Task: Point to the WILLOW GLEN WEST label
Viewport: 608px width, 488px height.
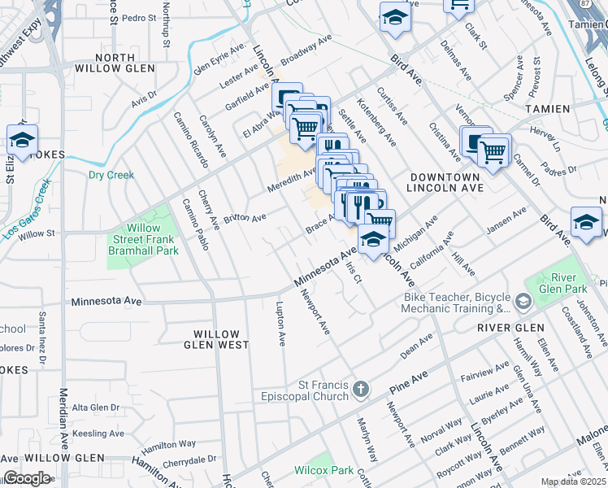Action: click(216, 340)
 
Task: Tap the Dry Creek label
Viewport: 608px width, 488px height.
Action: click(111, 175)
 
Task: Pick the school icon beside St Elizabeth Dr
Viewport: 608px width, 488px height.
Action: click(23, 139)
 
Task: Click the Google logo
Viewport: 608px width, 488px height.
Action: click(27, 477)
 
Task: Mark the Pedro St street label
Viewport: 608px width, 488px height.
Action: click(140, 17)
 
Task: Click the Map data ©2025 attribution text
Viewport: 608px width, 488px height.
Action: click(574, 481)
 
